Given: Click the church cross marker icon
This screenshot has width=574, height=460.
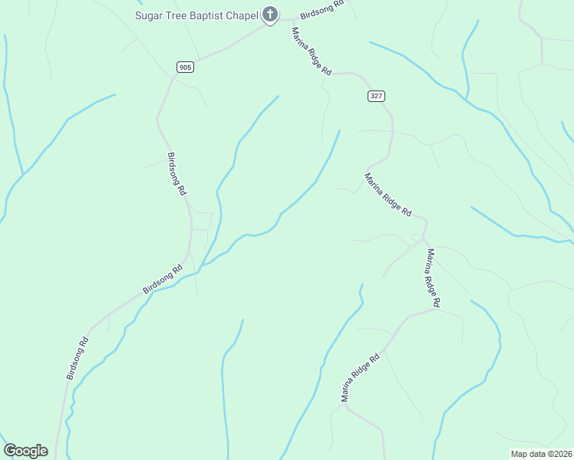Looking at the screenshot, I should [270, 14].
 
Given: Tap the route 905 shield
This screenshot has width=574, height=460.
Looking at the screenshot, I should [184, 67].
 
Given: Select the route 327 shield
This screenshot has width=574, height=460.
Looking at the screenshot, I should [375, 96].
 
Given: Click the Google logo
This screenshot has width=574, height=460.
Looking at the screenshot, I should [25, 451].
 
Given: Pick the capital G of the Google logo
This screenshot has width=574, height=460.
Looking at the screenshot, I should [10, 451].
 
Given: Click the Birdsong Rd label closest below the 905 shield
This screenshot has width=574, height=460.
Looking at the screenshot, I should [176, 174].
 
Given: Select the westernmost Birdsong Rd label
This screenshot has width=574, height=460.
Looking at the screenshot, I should [78, 358].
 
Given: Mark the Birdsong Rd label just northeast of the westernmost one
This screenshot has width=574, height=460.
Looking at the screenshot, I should [162, 280].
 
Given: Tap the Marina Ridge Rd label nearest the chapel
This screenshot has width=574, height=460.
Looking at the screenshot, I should [311, 51].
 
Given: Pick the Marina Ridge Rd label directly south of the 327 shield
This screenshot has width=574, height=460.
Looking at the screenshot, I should [388, 195].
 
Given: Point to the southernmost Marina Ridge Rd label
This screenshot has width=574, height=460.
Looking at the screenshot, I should [361, 378].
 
